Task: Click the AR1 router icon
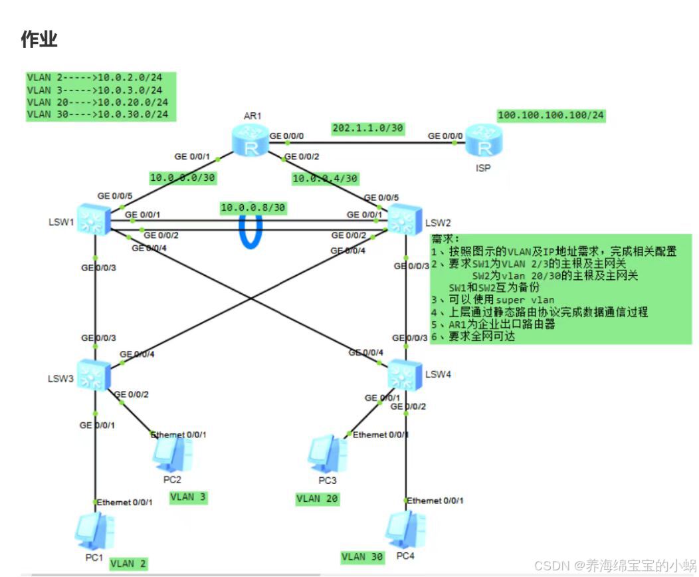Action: coord(250,141)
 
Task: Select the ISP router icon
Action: coord(482,141)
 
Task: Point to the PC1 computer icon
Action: coord(94,530)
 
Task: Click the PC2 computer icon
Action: coord(173,454)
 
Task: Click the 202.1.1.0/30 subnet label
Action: coord(367,128)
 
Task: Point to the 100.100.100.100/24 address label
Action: coord(551,116)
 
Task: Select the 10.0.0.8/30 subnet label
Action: coord(253,207)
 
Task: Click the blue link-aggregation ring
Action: coord(250,229)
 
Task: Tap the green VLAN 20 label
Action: coord(317,499)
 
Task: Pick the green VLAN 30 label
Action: coord(362,556)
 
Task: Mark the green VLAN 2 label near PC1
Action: coord(128,563)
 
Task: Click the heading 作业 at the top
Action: coord(39,39)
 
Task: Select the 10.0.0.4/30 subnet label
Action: coord(326,178)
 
